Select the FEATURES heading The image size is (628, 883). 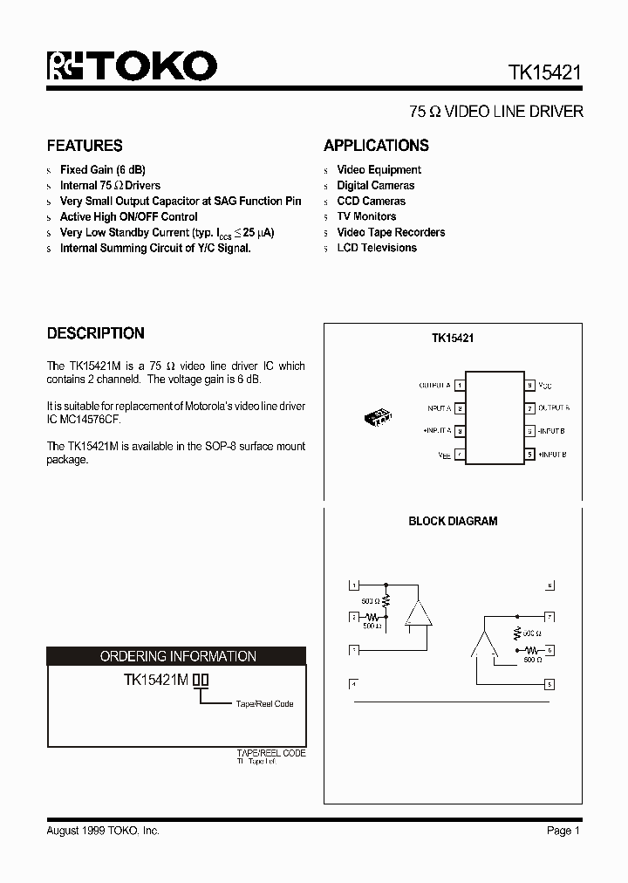coord(85,146)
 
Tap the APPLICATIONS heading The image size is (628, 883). coord(376,146)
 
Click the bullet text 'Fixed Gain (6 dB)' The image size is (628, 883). coord(102,170)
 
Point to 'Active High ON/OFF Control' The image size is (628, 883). coord(128,217)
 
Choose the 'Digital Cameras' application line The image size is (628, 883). coord(375,186)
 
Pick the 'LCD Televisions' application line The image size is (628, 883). coord(377,248)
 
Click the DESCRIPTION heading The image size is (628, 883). coord(95,333)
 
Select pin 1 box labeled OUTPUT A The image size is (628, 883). coord(460,385)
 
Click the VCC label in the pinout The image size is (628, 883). coord(546,385)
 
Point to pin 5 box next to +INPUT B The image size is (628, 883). coord(529,455)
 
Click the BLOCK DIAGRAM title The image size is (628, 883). coord(453,522)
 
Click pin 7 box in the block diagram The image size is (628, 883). coord(549,615)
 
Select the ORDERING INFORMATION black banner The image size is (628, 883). coord(177,656)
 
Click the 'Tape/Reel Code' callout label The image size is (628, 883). coord(264,704)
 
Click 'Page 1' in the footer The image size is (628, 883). coord(563,832)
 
